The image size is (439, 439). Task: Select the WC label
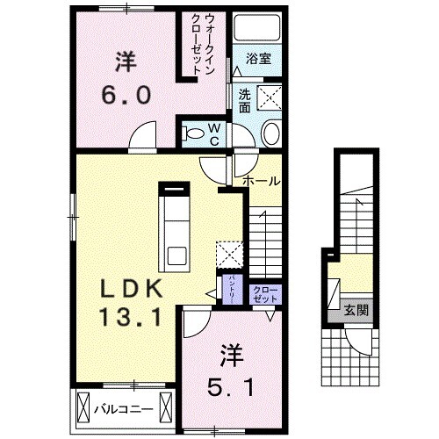[213, 133]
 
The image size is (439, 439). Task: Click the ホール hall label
[262, 181]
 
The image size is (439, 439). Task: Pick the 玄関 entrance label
[356, 309]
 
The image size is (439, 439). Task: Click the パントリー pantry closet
[231, 289]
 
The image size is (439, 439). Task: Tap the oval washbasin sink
[271, 134]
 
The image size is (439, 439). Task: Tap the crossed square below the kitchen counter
[229, 253]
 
